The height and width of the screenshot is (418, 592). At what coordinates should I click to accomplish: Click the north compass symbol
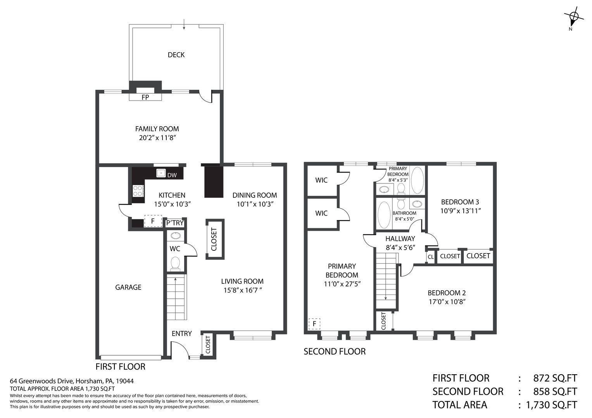(x=573, y=18)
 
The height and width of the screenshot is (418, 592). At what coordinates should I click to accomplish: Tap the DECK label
(x=176, y=55)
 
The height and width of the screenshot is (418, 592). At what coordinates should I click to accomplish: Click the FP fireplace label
(x=145, y=98)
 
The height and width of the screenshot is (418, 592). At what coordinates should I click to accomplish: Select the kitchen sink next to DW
(x=161, y=173)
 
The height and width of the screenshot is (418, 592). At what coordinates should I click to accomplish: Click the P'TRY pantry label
(x=175, y=223)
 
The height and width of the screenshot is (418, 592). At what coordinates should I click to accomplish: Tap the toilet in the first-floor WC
(x=175, y=264)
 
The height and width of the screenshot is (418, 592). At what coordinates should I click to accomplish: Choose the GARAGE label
(x=128, y=287)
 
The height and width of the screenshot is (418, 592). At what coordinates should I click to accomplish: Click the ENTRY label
(x=181, y=334)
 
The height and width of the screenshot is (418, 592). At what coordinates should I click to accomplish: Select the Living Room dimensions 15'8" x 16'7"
(x=243, y=290)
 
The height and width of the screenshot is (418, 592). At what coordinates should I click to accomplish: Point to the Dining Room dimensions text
(x=255, y=204)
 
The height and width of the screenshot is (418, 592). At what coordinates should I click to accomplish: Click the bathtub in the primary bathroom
(x=418, y=180)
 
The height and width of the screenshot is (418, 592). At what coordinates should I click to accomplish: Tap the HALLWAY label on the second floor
(x=400, y=239)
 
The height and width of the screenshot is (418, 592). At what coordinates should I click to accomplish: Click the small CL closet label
(x=430, y=257)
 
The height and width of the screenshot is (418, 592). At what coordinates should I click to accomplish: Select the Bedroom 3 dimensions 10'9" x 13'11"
(x=460, y=211)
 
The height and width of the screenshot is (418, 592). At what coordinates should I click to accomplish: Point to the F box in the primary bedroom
(x=314, y=324)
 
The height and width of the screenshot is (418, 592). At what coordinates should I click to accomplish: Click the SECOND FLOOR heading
(x=335, y=351)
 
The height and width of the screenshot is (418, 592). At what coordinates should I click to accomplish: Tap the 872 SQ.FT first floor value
(x=555, y=379)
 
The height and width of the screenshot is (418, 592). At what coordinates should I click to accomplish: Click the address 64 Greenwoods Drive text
(x=72, y=381)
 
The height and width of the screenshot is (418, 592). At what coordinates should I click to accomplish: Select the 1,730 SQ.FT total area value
(x=552, y=405)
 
